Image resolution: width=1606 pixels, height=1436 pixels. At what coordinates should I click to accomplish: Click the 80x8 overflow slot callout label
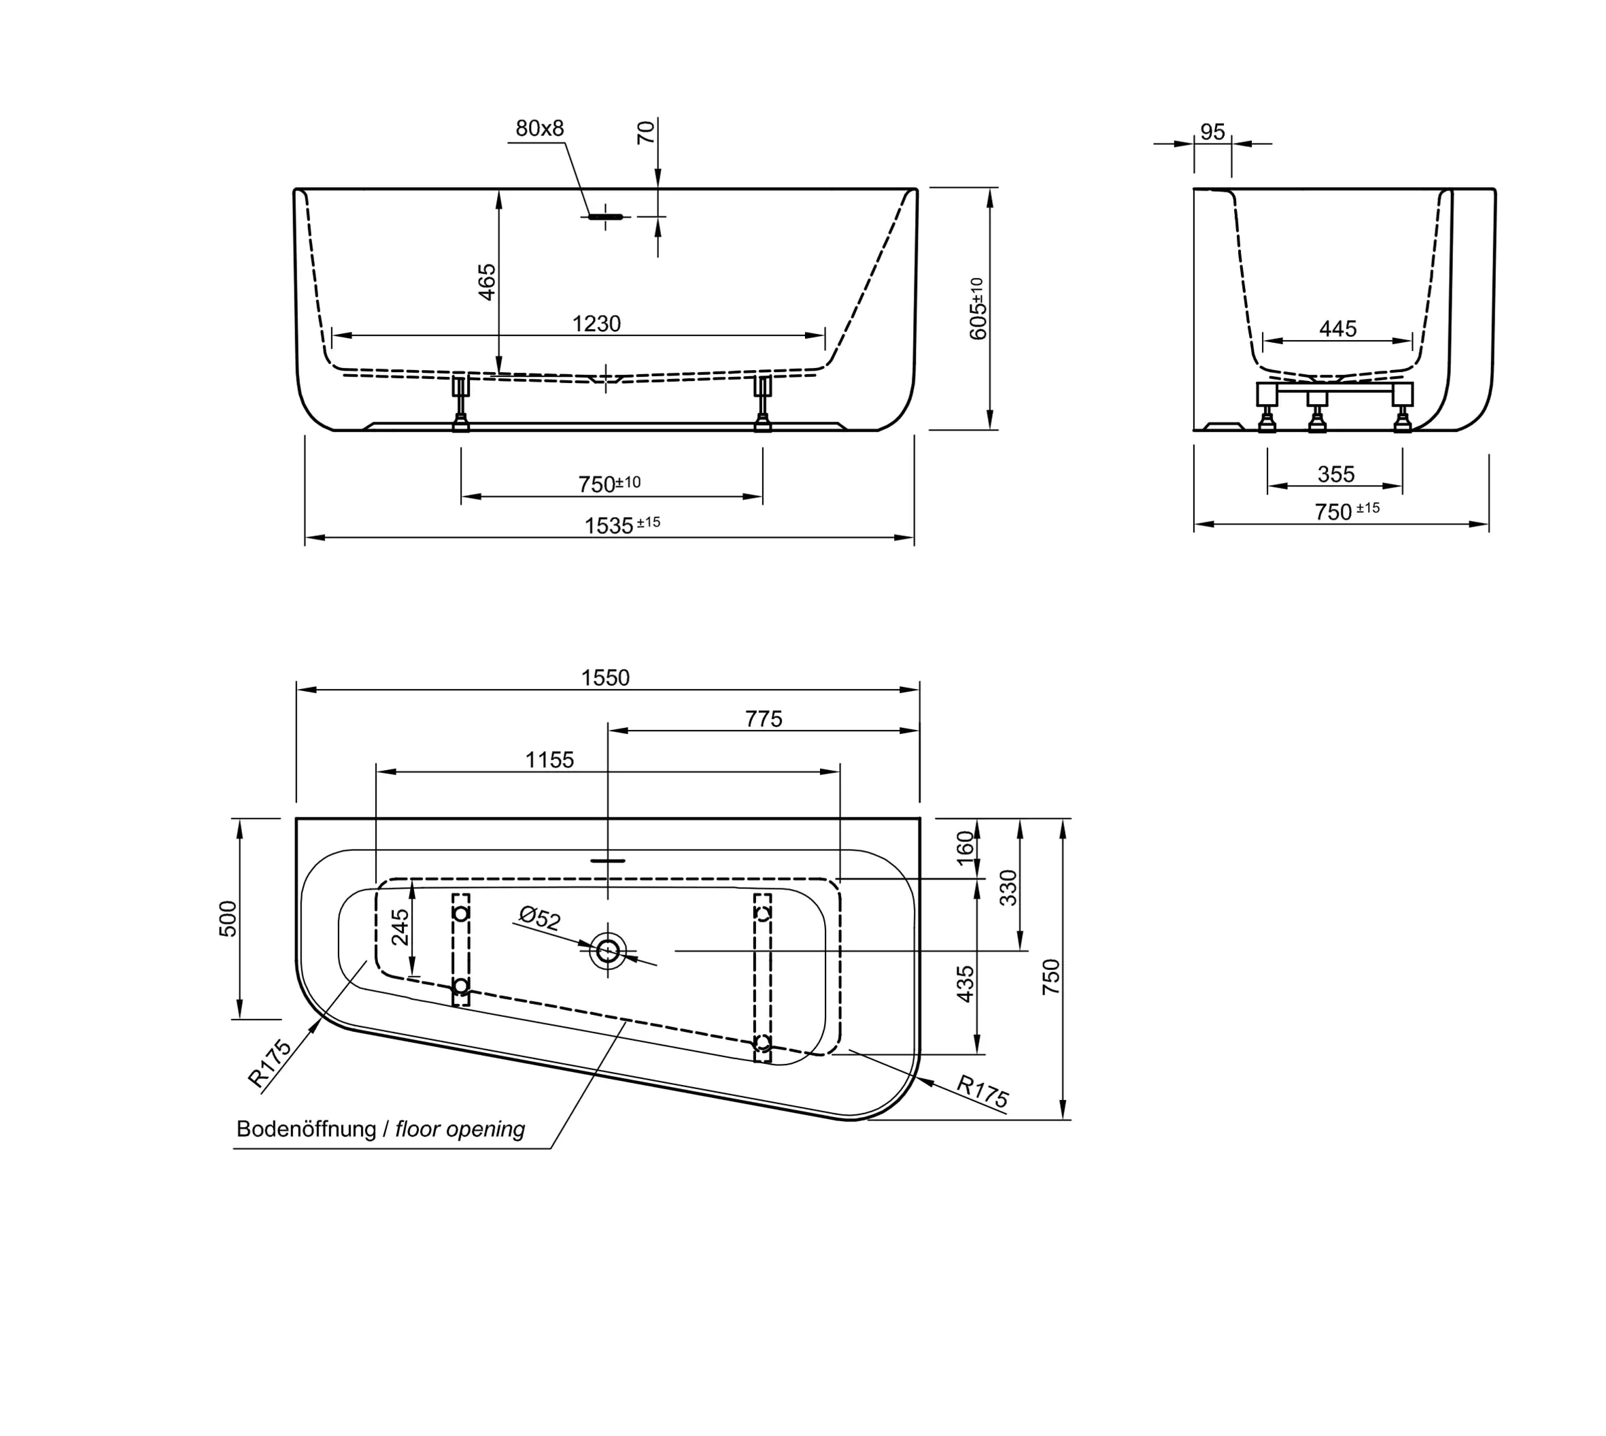tap(540, 129)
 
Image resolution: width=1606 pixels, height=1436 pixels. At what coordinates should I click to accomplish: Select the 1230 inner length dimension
tap(596, 324)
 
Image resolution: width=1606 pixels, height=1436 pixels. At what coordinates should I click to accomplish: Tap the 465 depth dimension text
tap(488, 282)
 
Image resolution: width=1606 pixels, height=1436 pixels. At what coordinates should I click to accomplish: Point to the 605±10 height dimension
tap(977, 310)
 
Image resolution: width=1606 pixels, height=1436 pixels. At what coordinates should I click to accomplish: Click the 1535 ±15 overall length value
tap(621, 524)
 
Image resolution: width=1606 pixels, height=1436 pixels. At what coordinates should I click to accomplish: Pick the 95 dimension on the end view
tap(1212, 132)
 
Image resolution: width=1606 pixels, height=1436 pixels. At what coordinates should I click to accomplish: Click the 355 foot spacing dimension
tap(1335, 474)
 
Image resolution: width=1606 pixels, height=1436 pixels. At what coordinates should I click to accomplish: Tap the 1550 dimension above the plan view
tap(605, 678)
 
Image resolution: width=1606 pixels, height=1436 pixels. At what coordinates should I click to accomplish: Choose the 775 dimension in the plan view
tap(763, 719)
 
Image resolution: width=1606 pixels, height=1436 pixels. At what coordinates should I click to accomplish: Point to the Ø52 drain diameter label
tap(540, 918)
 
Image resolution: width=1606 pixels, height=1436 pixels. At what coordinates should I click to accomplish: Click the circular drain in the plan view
tap(607, 952)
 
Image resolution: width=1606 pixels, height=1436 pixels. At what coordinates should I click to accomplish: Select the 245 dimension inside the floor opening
tap(400, 927)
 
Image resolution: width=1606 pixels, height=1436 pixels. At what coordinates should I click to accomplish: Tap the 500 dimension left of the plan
tap(227, 918)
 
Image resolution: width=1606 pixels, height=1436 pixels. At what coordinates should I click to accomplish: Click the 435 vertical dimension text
tap(966, 984)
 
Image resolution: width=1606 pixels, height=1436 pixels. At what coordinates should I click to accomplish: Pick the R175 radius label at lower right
tap(982, 1091)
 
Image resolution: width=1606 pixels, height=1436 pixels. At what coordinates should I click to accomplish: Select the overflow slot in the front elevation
tap(605, 216)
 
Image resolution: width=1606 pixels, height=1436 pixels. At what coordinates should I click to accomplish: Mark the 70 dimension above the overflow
tap(645, 132)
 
